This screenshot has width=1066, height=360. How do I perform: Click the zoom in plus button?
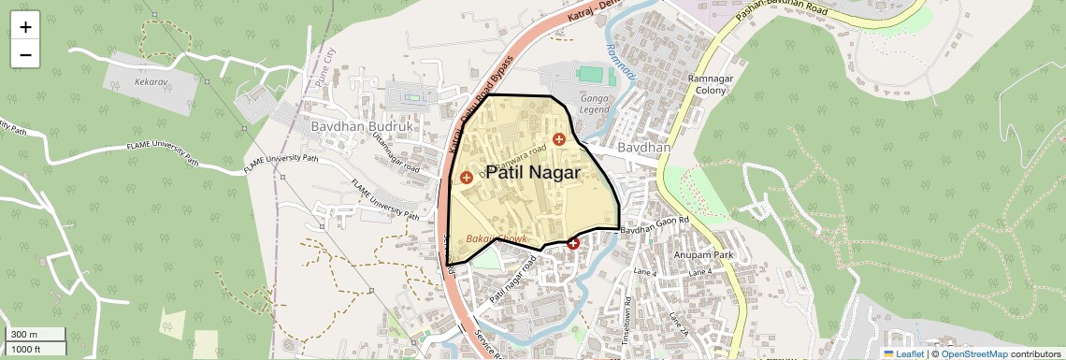[25, 26]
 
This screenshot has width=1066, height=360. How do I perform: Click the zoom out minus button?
[25, 54]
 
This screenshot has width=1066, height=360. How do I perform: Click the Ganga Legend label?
[594, 103]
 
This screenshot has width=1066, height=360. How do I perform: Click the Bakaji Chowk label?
[496, 239]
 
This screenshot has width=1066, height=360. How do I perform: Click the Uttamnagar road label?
[395, 156]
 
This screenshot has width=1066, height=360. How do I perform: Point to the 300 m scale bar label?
[24, 335]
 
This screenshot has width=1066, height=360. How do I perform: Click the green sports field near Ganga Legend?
[591, 73]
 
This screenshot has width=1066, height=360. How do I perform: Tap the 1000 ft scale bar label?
[26, 349]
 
